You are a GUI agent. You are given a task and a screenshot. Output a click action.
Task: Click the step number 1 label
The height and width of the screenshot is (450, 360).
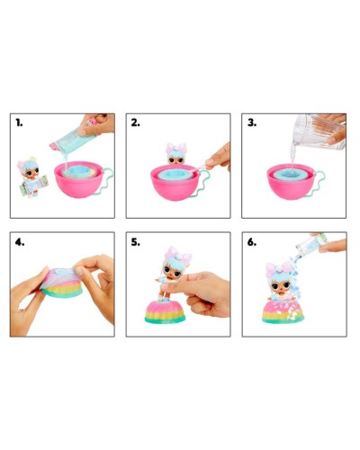(19, 122)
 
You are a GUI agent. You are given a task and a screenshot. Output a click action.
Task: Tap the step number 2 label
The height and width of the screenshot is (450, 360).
(135, 122)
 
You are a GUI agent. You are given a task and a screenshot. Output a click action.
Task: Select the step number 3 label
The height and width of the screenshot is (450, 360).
(252, 122)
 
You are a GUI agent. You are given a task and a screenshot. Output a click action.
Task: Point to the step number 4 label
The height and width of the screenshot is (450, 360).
(20, 242)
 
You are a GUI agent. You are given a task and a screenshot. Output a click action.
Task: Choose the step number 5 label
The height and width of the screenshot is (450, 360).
(136, 242)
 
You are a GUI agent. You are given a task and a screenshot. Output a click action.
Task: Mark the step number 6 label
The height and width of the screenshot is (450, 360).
(252, 242)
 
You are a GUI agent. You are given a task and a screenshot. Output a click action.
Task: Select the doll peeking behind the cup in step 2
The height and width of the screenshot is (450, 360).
(176, 154)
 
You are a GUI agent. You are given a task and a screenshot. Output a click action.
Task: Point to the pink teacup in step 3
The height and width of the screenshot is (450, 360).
(291, 183)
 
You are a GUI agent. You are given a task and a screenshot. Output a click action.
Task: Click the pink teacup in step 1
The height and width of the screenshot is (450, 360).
(79, 180)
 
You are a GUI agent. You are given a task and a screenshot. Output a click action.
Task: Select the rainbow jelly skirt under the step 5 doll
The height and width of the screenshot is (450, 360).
(165, 312)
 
